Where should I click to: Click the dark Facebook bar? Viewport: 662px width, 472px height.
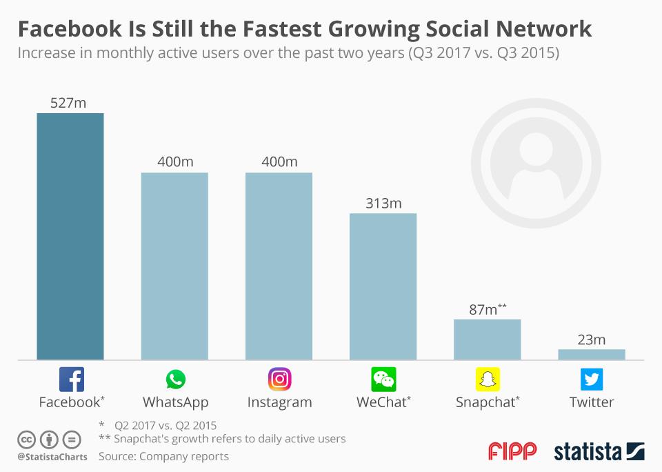pyautogui.click(x=70, y=236)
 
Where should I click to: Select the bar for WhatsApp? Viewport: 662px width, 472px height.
pyautogui.click(x=174, y=266)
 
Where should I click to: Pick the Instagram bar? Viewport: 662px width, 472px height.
pyautogui.click(x=279, y=266)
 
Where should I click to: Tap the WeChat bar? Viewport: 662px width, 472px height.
pyautogui.click(x=383, y=286)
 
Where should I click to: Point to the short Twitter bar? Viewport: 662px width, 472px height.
pyautogui.click(x=591, y=354)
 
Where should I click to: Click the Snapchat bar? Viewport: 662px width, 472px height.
pyautogui.click(x=487, y=340)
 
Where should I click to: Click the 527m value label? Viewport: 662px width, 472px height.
pyautogui.click(x=68, y=103)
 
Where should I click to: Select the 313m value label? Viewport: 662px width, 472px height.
pyautogui.click(x=383, y=203)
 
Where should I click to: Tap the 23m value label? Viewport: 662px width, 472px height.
pyautogui.click(x=591, y=339)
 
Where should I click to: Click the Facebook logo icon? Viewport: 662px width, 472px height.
pyautogui.click(x=71, y=380)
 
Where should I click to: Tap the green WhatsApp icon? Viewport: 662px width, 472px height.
pyautogui.click(x=175, y=380)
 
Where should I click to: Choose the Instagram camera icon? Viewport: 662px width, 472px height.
pyautogui.click(x=279, y=380)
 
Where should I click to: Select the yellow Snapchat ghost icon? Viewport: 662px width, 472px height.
pyautogui.click(x=488, y=380)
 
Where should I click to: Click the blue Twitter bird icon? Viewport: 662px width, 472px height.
pyautogui.click(x=591, y=380)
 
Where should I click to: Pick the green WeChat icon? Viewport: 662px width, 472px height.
pyautogui.click(x=383, y=380)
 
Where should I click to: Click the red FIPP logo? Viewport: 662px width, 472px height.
pyautogui.click(x=512, y=452)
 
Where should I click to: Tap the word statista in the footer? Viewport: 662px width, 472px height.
pyautogui.click(x=587, y=452)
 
